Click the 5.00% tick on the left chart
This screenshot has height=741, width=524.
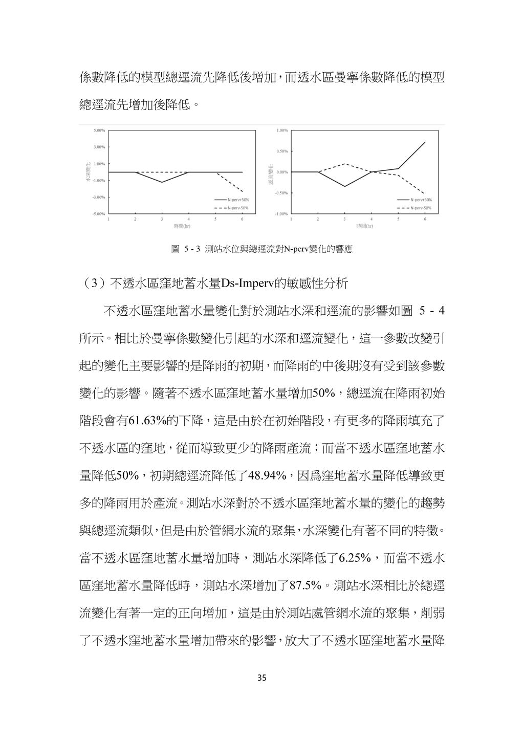[99, 130]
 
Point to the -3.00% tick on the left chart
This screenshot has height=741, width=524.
[99, 197]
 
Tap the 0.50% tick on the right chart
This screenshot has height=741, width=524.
[282, 151]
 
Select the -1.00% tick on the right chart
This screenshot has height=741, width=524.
[281, 213]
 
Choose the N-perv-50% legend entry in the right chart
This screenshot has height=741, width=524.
[414, 208]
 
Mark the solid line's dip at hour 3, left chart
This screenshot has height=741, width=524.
[162, 182]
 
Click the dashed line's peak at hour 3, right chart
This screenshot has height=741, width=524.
[344, 164]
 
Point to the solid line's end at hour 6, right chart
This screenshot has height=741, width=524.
[425, 142]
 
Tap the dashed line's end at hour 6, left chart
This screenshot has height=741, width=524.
[242, 192]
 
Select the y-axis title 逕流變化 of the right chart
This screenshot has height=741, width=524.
[271, 172]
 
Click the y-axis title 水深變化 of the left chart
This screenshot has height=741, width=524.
[88, 172]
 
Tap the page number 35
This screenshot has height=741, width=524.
[262, 678]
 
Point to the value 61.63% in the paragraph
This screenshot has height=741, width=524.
[146, 421]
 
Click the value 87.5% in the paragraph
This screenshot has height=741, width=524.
[305, 584]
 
